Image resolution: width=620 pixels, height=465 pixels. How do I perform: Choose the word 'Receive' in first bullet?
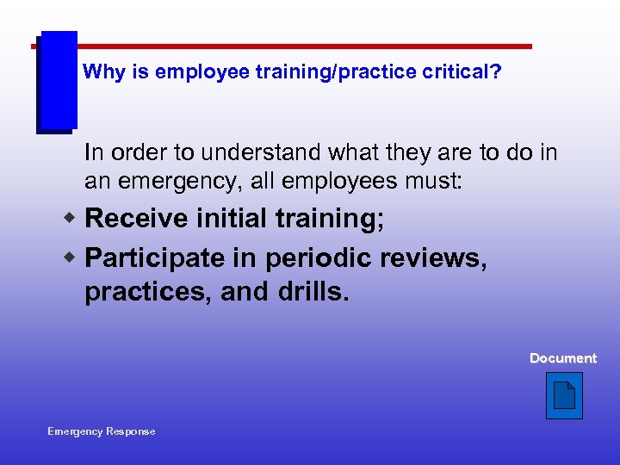click(x=137, y=219)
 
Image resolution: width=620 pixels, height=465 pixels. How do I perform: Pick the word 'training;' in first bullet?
click(x=330, y=219)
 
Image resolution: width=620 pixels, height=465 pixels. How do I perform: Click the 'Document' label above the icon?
click(x=562, y=358)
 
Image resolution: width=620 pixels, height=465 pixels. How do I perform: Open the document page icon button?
click(x=564, y=395)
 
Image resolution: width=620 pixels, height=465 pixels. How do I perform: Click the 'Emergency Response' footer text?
click(x=102, y=431)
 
